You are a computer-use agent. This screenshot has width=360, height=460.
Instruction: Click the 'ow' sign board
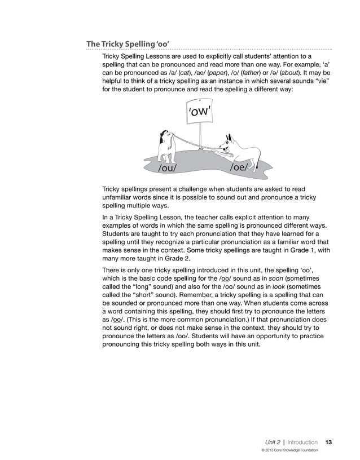pyautogui.click(x=199, y=113)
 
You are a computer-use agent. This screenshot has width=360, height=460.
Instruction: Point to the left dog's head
pyautogui.click(x=165, y=138)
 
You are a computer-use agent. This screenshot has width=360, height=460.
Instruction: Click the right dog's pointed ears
pyautogui.click(x=229, y=138)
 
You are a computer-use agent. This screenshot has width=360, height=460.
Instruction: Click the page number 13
pyautogui.click(x=328, y=442)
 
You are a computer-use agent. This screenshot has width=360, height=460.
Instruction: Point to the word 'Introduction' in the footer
pyautogui.click(x=302, y=442)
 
